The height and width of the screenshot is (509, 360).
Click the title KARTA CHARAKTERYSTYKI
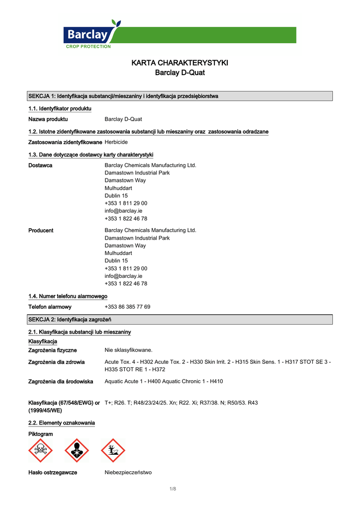click(x=180, y=63)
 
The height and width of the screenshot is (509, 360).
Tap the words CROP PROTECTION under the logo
click(x=89, y=46)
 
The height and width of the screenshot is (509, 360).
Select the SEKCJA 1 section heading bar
click(x=180, y=96)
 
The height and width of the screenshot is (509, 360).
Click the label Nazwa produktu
click(x=48, y=119)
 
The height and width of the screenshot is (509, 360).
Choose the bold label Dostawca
click(x=40, y=166)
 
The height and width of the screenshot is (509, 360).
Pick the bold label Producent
click(x=41, y=231)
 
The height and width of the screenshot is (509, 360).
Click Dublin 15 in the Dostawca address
click(x=116, y=196)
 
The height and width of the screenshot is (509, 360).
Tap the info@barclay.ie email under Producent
click(x=123, y=276)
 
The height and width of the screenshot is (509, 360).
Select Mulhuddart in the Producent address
click(x=118, y=253)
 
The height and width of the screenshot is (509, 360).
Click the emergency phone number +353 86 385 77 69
click(x=127, y=307)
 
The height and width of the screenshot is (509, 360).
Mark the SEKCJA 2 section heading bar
click(x=180, y=319)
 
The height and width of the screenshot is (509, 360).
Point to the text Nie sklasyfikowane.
click(x=128, y=350)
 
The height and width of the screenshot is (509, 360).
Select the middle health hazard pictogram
click(x=77, y=450)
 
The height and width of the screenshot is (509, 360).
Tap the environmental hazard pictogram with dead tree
click(x=113, y=450)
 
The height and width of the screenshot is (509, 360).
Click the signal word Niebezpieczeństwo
click(x=128, y=473)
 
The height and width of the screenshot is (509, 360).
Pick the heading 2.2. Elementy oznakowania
click(x=62, y=423)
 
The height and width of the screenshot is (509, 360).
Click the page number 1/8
click(x=173, y=490)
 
